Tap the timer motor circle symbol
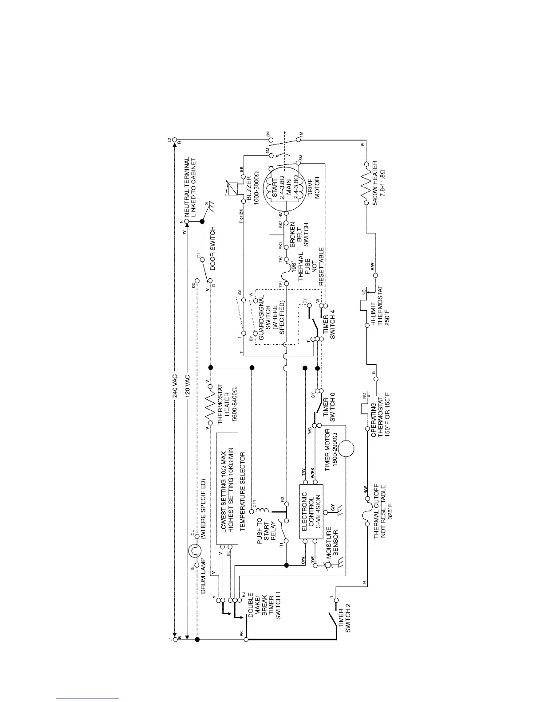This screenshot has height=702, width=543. tap(347, 448)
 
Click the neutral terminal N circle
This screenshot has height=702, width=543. tap(187, 221)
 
